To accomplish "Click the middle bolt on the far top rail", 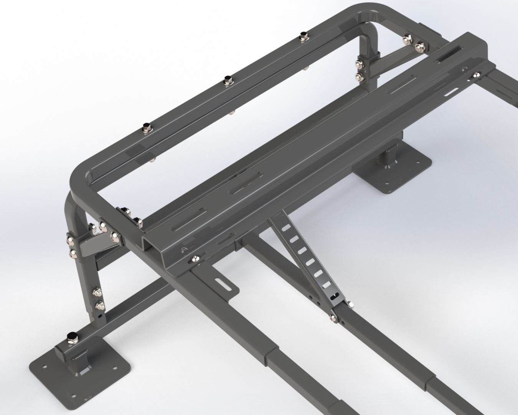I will coord(227,81).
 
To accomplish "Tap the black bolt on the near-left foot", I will coord(71,337).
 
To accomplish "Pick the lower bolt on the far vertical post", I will coord(358,77).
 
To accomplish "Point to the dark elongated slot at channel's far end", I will coord(445,59).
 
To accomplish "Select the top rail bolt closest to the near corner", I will coord(146,128).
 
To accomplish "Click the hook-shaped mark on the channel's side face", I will coord(183,250).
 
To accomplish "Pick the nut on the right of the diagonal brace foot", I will coord(350,305).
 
